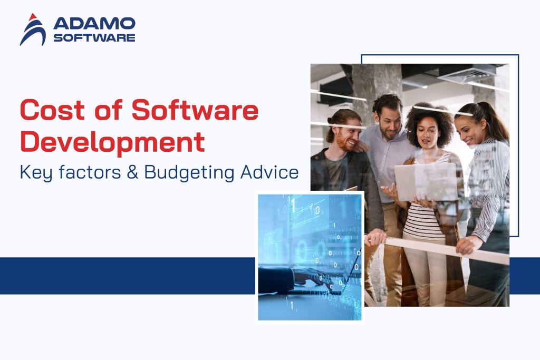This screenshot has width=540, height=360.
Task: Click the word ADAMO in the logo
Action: coord(94,24)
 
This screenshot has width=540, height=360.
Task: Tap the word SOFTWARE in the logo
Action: coord(94,37)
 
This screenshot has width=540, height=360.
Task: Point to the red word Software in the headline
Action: coord(195,111)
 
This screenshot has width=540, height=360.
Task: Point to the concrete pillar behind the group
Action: coord(369,90)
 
